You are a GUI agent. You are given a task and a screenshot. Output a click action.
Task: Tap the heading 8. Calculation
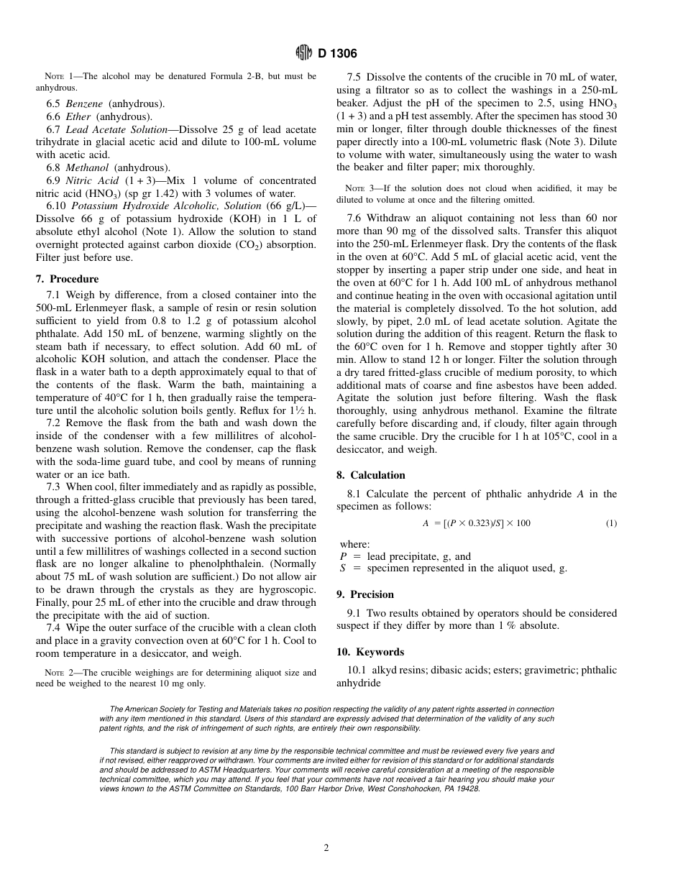(x=370, y=475)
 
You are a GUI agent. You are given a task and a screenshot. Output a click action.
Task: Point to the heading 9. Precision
(x=365, y=594)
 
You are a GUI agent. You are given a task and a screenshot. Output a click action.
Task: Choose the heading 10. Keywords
(x=370, y=652)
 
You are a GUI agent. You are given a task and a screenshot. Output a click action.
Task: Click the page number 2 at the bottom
(x=326, y=848)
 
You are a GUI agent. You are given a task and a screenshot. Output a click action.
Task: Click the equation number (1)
(x=610, y=523)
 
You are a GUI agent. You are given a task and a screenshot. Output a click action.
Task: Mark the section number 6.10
(x=56, y=206)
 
